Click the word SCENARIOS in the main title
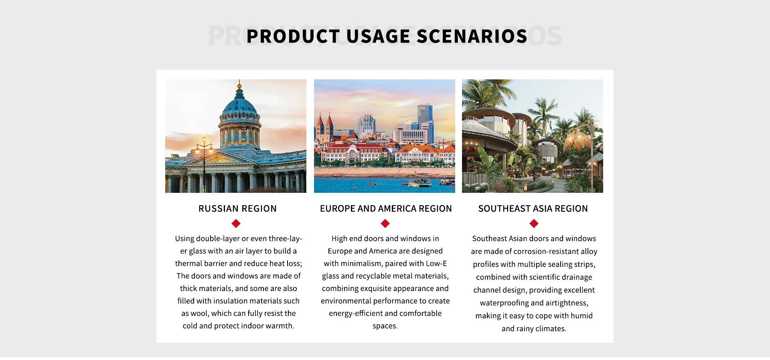pos(472,36)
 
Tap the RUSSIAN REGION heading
pos(237,208)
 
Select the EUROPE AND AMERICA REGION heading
pos(386,208)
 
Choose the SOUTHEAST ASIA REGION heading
pos(533,208)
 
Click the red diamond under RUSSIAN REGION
pos(236,223)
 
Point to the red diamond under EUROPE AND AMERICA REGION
pos(385,223)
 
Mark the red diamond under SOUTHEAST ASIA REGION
pos(534,223)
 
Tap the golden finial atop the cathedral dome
pos(239,85)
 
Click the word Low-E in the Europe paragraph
pos(436,263)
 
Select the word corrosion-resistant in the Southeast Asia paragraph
pos(546,251)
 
